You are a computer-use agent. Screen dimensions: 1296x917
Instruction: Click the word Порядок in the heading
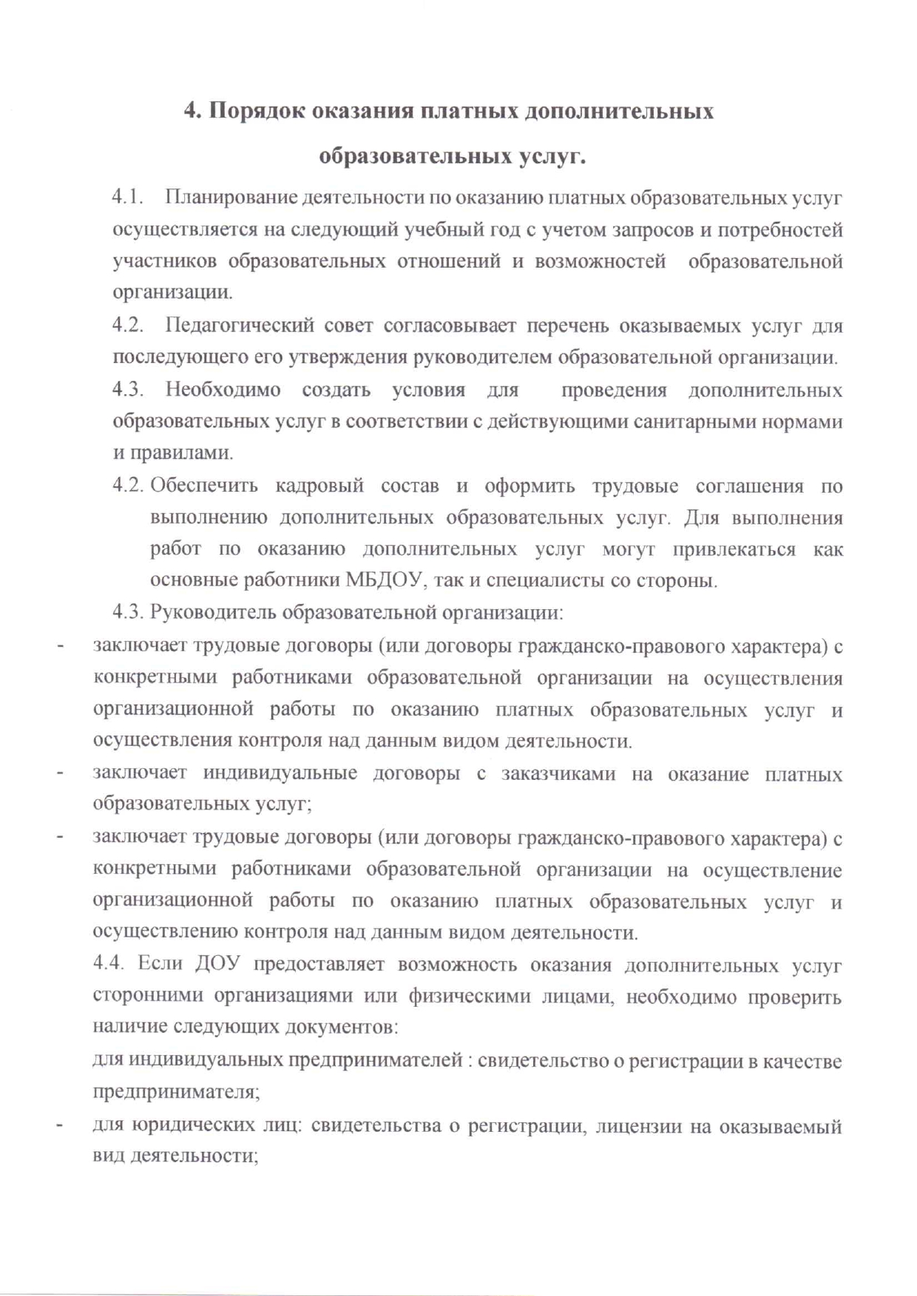pyautogui.click(x=254, y=112)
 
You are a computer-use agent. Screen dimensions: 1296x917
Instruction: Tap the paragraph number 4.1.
pyautogui.click(x=126, y=198)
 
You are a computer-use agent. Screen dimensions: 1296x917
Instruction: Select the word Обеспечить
pyautogui.click(x=204, y=486)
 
